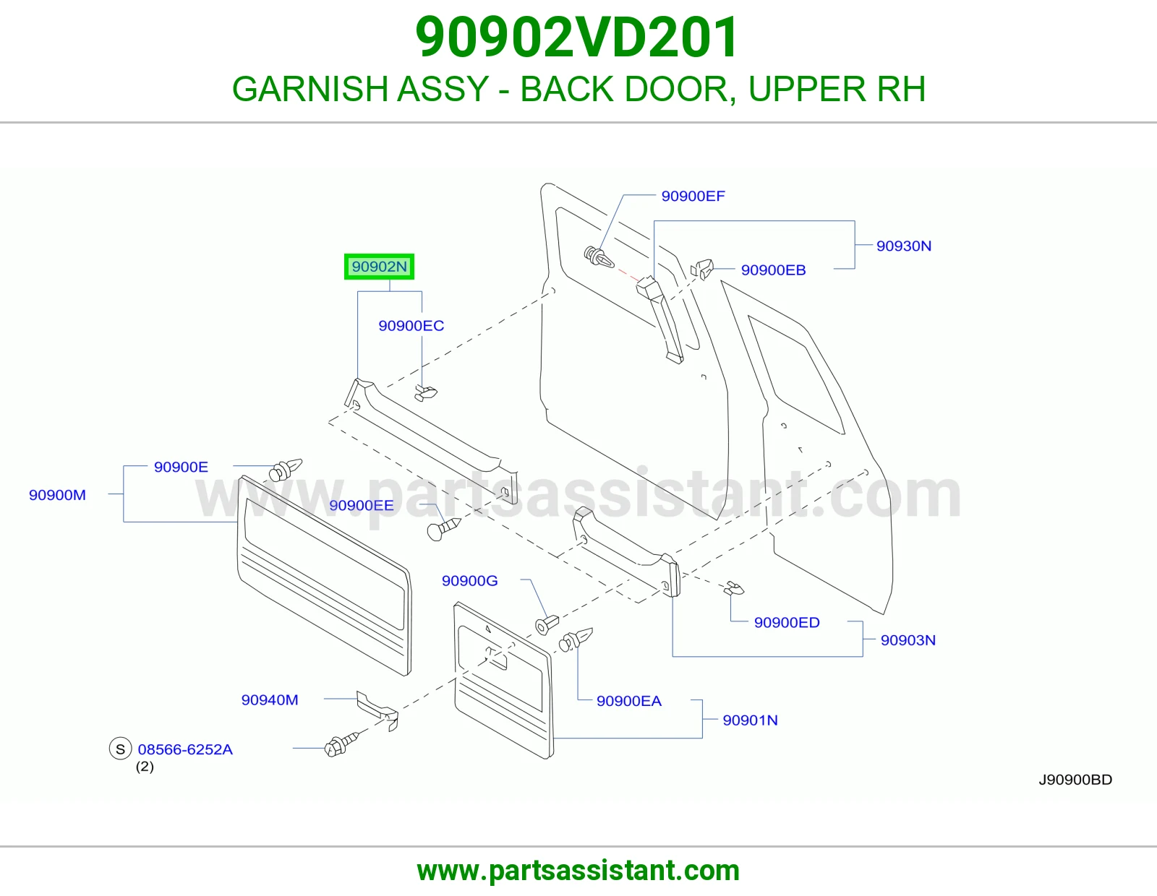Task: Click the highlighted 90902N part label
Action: (x=379, y=267)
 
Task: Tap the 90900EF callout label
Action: (x=693, y=197)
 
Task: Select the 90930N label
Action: (x=904, y=246)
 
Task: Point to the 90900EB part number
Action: (x=773, y=270)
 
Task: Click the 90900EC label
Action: (x=411, y=326)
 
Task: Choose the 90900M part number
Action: (x=58, y=495)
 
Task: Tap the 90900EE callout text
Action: (x=362, y=506)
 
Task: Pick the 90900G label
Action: (x=469, y=580)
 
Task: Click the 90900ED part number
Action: (x=787, y=623)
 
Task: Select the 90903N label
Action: (x=908, y=640)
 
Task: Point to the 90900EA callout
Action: (x=629, y=701)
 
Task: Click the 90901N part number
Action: (x=750, y=720)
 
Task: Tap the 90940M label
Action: (x=270, y=699)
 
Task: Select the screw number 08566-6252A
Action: (x=185, y=749)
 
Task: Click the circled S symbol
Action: (x=120, y=749)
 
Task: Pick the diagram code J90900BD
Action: (x=1075, y=780)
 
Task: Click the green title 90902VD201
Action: (x=577, y=38)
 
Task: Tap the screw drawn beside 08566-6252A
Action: (x=341, y=744)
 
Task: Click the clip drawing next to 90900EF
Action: (x=599, y=257)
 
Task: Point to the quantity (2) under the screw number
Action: (x=145, y=767)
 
